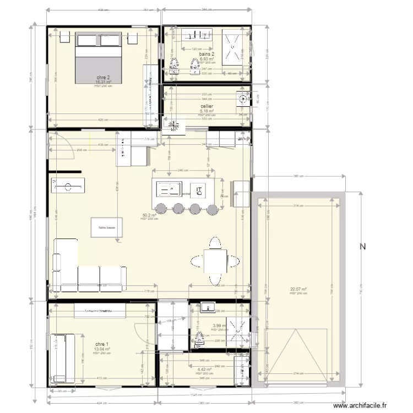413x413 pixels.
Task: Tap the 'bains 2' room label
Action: click(x=206, y=54)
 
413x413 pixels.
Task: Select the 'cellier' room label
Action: click(x=206, y=106)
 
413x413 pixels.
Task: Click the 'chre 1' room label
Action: click(x=102, y=344)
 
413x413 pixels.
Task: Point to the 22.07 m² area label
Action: click(x=298, y=289)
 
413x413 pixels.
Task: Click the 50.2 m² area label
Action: click(x=149, y=215)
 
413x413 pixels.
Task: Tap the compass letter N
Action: click(x=363, y=247)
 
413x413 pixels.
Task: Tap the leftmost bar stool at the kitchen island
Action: click(x=161, y=208)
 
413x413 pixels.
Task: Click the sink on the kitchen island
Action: click(x=169, y=190)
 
